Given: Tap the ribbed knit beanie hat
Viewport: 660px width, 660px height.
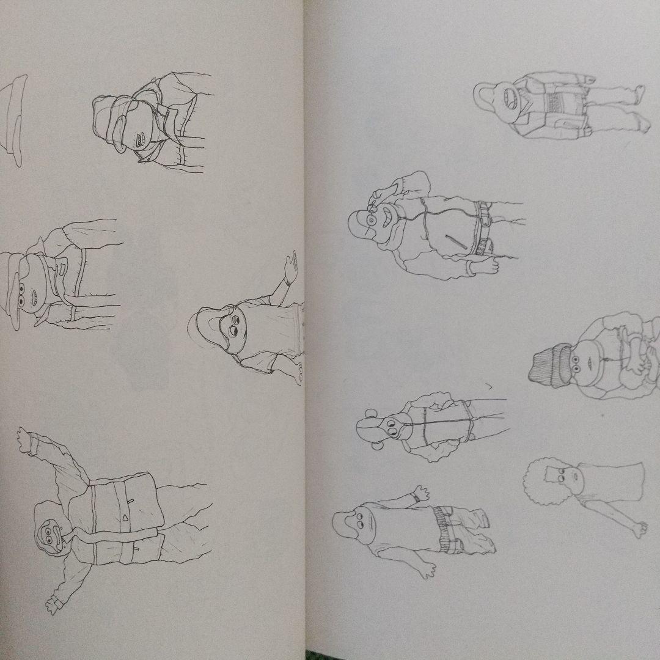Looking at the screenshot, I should [548, 365].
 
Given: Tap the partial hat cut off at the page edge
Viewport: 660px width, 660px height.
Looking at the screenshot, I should [13, 119].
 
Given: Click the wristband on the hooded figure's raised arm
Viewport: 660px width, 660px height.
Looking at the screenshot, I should [286, 282].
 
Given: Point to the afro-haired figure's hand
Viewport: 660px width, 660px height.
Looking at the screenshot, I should [639, 529].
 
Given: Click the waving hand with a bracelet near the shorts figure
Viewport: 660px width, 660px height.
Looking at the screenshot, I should [420, 494].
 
